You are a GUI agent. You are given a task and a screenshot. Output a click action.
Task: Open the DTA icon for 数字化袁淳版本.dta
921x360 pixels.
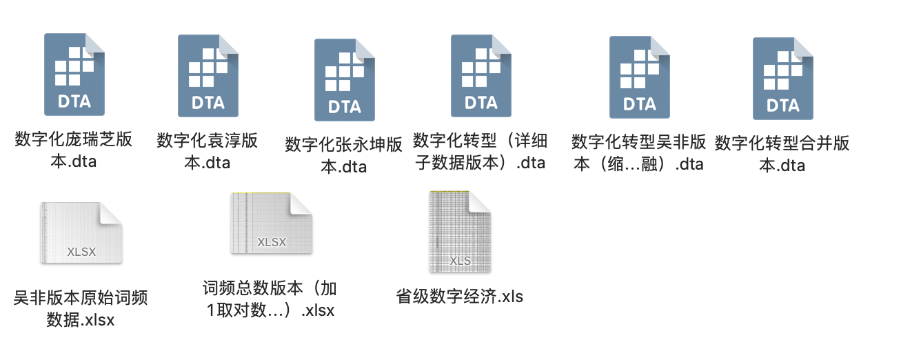[208, 75]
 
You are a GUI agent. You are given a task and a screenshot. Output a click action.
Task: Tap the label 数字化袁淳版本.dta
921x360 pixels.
[208, 151]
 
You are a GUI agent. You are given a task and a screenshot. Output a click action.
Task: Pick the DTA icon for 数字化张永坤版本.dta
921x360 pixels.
[344, 79]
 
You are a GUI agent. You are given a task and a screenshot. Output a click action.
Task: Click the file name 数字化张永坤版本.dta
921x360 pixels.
[344, 155]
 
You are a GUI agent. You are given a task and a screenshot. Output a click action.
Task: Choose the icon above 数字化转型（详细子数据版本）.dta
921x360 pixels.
[480, 75]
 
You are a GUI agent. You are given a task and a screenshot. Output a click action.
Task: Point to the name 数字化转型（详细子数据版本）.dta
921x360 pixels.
[480, 152]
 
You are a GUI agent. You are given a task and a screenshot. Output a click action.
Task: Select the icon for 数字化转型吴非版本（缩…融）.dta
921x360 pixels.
[639, 77]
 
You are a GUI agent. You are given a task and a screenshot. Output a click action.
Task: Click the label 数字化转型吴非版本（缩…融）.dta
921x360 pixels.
[638, 152]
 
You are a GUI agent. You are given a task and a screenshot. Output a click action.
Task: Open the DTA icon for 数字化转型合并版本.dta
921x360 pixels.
[782, 78]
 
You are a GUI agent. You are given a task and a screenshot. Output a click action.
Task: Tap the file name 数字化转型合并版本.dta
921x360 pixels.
[782, 154]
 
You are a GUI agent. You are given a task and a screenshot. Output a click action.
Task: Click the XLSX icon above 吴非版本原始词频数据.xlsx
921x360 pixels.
[81, 233]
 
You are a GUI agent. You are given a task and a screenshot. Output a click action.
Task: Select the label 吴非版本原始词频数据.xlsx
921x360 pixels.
[81, 309]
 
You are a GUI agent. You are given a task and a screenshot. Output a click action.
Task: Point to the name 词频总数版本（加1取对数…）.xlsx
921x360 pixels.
[270, 299]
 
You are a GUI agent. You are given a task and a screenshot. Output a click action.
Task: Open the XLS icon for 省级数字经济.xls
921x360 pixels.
[460, 232]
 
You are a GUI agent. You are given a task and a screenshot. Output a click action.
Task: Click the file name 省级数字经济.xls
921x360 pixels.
[460, 297]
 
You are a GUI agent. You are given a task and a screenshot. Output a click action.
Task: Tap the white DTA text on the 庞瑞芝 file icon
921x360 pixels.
[74, 101]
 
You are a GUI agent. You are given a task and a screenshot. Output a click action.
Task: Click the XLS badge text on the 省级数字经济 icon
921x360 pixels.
[460, 261]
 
